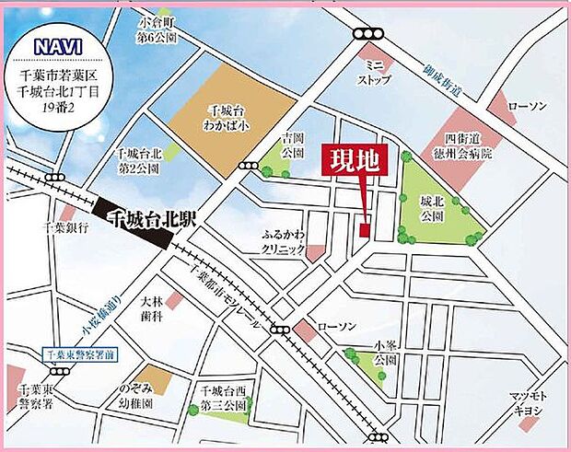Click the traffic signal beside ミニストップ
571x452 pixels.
tap(368, 34)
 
